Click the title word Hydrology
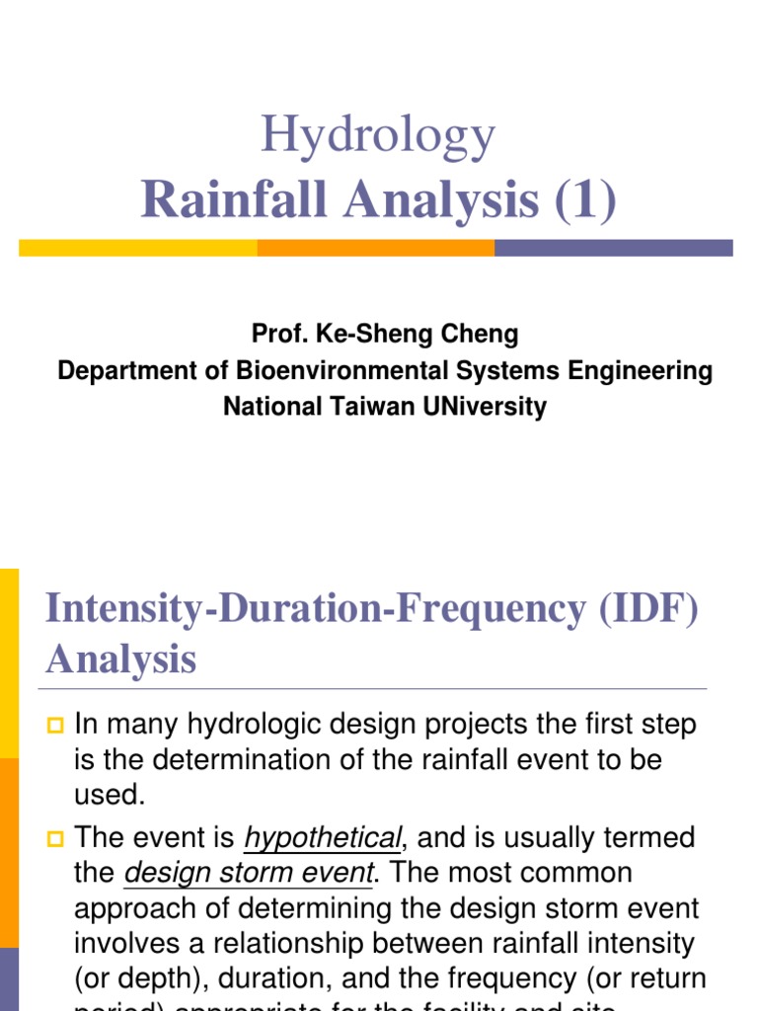(378, 137)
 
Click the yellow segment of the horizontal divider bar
(138, 248)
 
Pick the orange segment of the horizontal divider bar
(376, 248)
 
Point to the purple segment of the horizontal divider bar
(613, 248)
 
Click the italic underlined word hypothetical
(322, 839)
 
